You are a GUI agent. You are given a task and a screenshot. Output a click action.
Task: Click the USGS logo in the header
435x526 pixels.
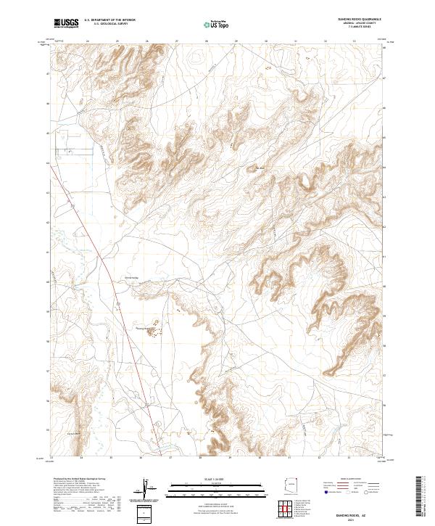point(66,23)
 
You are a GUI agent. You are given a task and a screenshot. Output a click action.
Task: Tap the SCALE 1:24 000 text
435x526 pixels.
point(210,478)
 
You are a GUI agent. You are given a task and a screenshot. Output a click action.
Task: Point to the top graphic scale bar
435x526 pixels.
point(210,484)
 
